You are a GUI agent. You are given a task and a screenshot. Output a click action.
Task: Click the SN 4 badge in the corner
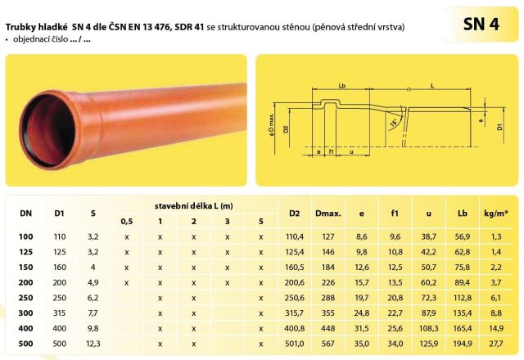481,24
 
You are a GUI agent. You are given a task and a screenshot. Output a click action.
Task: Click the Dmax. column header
327,213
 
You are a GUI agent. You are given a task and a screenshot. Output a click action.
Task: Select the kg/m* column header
496,213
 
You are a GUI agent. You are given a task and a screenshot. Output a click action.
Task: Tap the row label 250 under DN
25,298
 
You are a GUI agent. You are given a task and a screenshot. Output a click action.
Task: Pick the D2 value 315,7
295,313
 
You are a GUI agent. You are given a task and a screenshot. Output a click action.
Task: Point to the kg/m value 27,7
496,344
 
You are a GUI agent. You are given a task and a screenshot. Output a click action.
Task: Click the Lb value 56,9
462,236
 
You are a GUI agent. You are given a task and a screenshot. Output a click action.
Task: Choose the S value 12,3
93,344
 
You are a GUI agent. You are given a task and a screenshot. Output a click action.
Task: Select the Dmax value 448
327,328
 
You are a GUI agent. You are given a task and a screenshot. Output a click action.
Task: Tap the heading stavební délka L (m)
193,205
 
